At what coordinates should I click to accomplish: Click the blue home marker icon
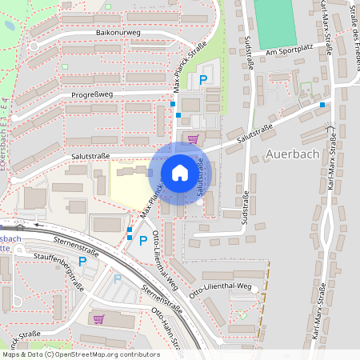click(x=180, y=172)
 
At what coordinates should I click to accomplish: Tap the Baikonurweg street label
click(x=118, y=34)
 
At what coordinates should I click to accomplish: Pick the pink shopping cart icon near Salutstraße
click(x=193, y=138)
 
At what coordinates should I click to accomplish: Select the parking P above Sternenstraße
click(x=143, y=240)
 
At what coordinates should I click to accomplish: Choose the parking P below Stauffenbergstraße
click(x=117, y=278)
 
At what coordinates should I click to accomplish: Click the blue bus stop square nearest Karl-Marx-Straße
click(x=322, y=104)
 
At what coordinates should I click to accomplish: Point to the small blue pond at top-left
click(x=8, y=25)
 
